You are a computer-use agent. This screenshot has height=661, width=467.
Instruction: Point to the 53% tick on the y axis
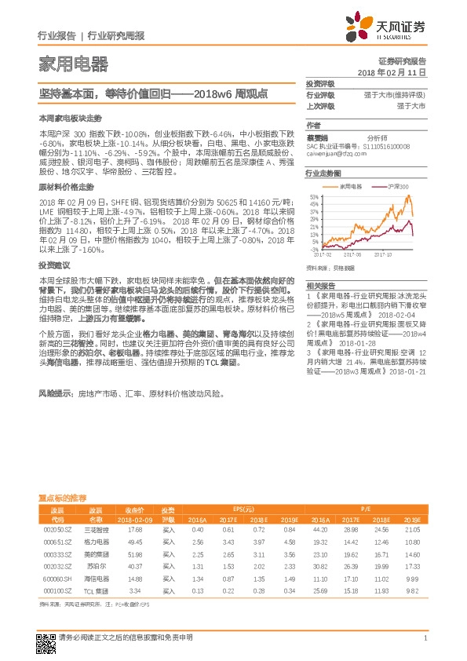tap(314, 196)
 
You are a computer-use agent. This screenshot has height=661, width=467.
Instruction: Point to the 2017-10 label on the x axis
tap(383, 255)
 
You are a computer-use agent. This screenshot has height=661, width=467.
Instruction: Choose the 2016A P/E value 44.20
tap(319, 531)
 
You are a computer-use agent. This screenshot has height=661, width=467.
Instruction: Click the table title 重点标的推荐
tap(62, 498)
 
